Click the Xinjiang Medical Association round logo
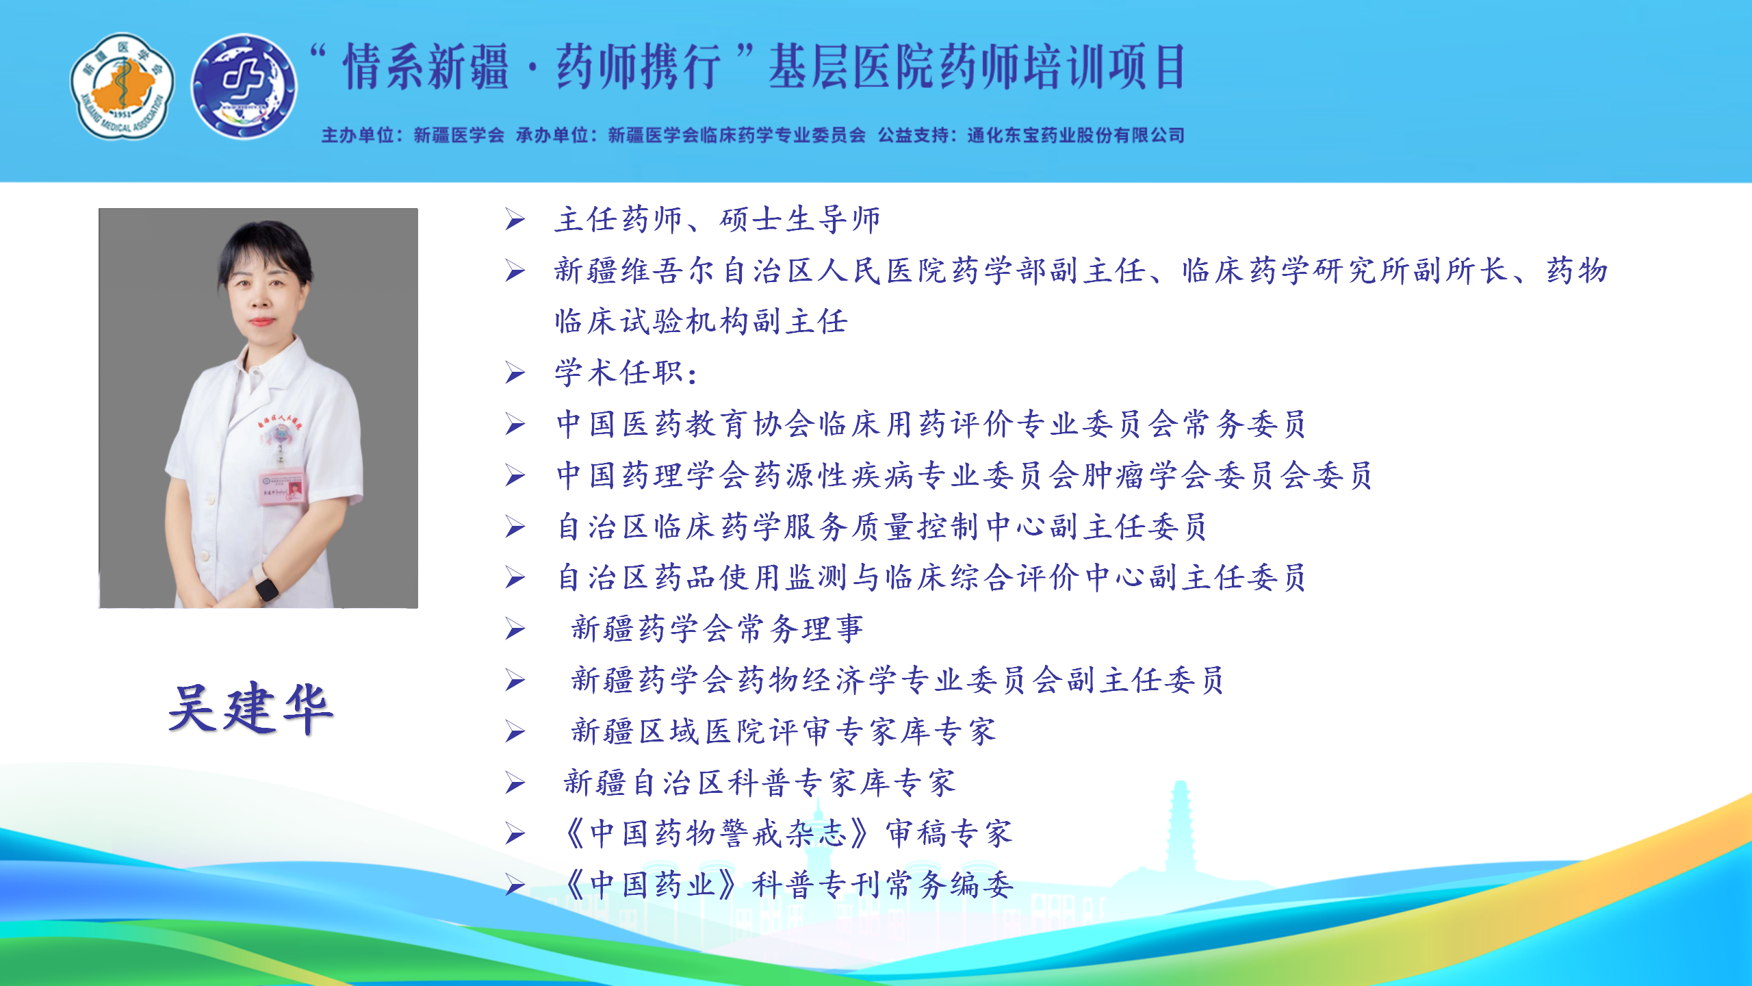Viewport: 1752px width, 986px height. click(x=123, y=86)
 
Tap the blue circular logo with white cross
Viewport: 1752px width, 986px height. click(x=244, y=86)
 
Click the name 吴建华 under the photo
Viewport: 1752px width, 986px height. click(x=250, y=709)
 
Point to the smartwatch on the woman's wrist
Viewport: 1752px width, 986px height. click(x=266, y=587)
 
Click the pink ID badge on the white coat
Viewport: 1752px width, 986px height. click(x=282, y=488)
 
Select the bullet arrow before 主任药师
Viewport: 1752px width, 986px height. click(x=515, y=220)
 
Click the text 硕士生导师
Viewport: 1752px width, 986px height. click(x=800, y=220)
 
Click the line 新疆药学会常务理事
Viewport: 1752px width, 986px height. click(x=717, y=629)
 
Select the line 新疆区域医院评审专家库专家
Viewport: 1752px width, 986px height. click(x=784, y=731)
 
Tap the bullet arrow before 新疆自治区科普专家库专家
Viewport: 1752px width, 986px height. click(x=515, y=783)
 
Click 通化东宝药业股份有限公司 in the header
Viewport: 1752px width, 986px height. click(x=1075, y=136)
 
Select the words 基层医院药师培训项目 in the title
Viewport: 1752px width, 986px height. click(x=977, y=67)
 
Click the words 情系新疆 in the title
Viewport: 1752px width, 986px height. click(x=426, y=67)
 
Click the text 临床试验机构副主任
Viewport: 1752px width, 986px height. click(x=701, y=322)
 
